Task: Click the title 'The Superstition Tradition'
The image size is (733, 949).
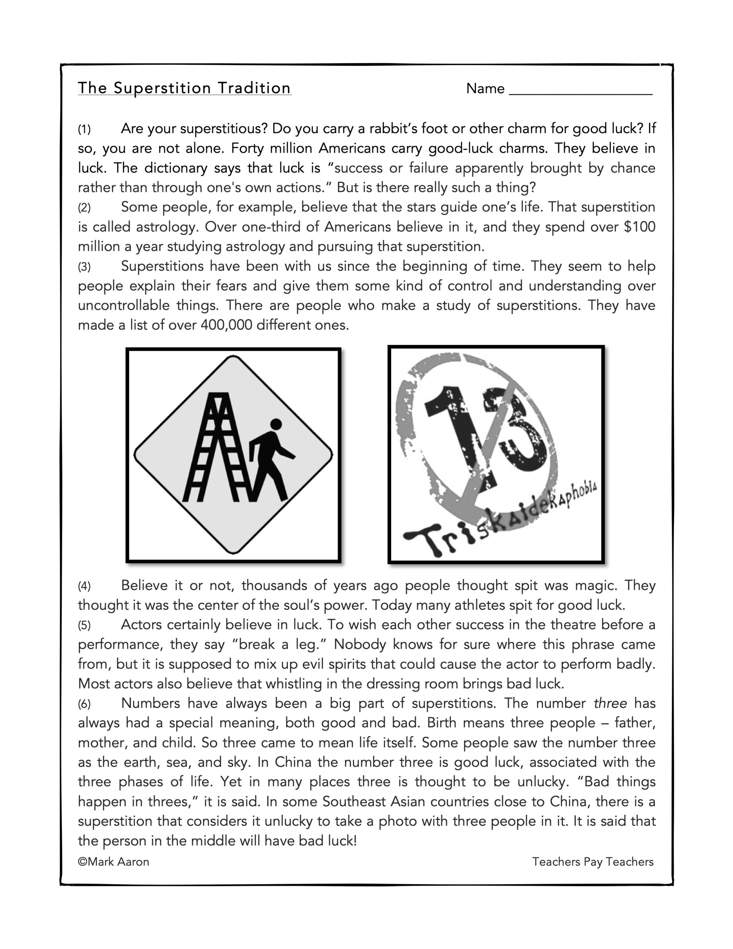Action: (184, 88)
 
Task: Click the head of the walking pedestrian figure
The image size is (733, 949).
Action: (276, 424)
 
